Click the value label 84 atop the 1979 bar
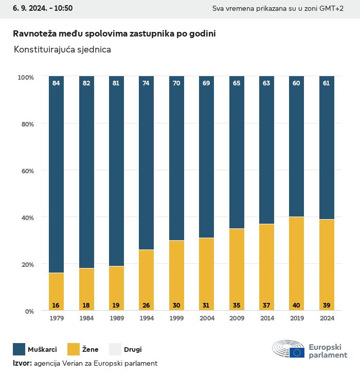point(56,83)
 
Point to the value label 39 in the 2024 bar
point(327,306)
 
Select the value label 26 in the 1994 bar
point(146,306)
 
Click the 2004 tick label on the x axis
point(206,318)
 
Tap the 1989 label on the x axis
point(116,318)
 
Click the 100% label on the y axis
point(25,77)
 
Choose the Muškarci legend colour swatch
point(20,350)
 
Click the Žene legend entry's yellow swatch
point(74,350)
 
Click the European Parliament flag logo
point(297,352)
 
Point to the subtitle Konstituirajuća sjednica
point(62,50)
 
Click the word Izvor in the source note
point(22,363)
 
